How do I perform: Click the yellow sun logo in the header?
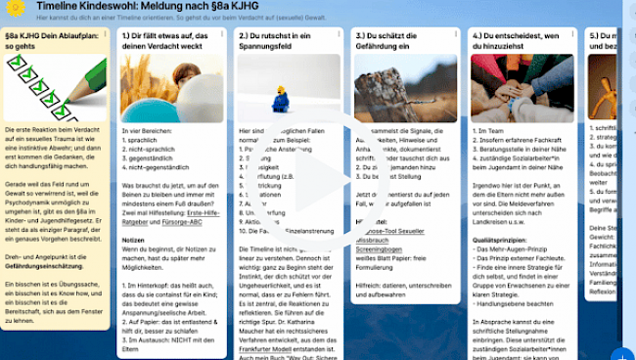(x=15, y=8)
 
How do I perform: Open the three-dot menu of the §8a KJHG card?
(x=105, y=35)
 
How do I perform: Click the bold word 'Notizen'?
(x=133, y=239)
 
